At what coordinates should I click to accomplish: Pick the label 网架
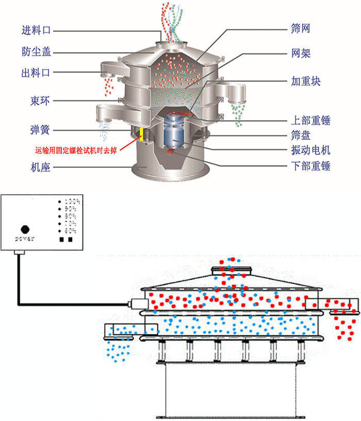point(301,53)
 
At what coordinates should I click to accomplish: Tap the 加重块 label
point(306,81)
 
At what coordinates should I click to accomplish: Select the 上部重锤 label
point(310,121)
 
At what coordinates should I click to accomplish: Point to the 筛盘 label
point(301,136)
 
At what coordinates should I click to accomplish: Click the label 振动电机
point(310,150)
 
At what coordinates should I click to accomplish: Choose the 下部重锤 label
point(310,166)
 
